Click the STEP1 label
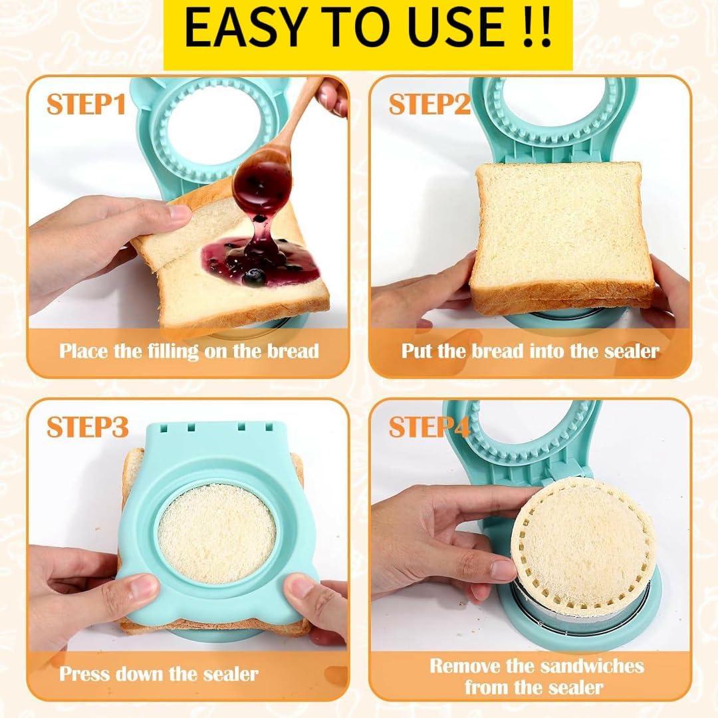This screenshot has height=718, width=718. click(86, 104)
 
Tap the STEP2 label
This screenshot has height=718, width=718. click(429, 104)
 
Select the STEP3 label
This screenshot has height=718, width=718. click(86, 427)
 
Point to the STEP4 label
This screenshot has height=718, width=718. click(429, 427)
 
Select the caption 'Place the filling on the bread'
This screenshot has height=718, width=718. click(189, 350)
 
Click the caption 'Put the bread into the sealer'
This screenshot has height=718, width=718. click(530, 350)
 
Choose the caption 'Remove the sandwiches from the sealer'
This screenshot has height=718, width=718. click(536, 675)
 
